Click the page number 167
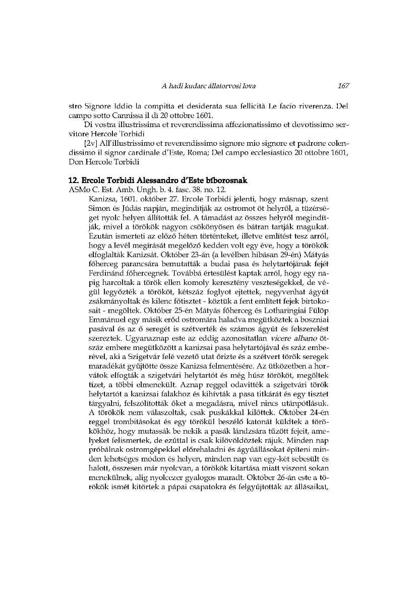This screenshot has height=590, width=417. [x=343, y=86]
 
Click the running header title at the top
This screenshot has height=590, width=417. [x=208, y=86]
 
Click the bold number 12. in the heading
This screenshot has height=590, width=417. [x=74, y=181]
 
